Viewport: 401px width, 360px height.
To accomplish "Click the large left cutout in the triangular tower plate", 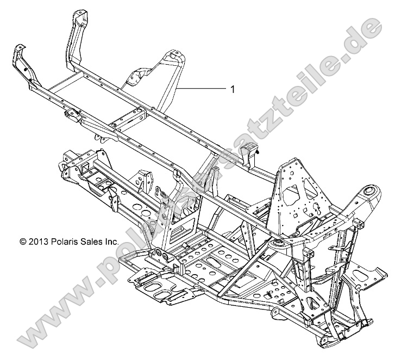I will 293,193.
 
